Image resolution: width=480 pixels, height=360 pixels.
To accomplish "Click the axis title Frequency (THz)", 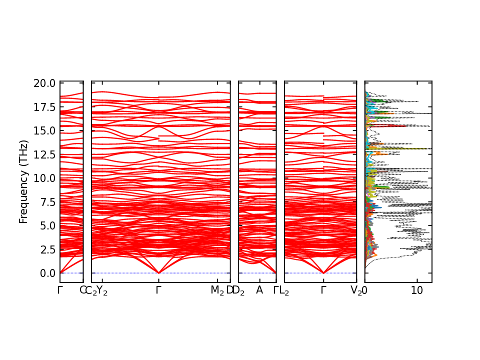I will coord(23,181).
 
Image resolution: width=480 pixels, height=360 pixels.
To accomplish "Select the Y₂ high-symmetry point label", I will coord(102,290).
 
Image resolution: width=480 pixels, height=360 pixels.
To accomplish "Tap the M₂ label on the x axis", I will coord(217,290).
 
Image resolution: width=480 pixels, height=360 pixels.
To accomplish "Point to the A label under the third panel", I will coord(259,290).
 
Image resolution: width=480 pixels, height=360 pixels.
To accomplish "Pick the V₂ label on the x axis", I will coord(356,290).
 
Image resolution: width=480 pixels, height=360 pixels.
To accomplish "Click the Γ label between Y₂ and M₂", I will coord(158,290).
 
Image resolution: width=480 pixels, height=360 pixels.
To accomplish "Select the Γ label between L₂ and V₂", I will coord(323,290).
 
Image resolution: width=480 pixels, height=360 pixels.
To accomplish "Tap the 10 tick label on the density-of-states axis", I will coord(417,290).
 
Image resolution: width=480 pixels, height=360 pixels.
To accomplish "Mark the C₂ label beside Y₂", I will coord(91,290).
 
